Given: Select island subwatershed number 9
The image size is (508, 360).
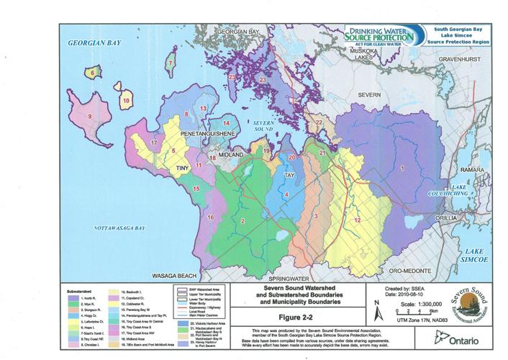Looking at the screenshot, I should pos(90,116).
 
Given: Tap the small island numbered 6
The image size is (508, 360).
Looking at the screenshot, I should pos(93,72).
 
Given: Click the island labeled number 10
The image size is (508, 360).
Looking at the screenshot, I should pos(126,101).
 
